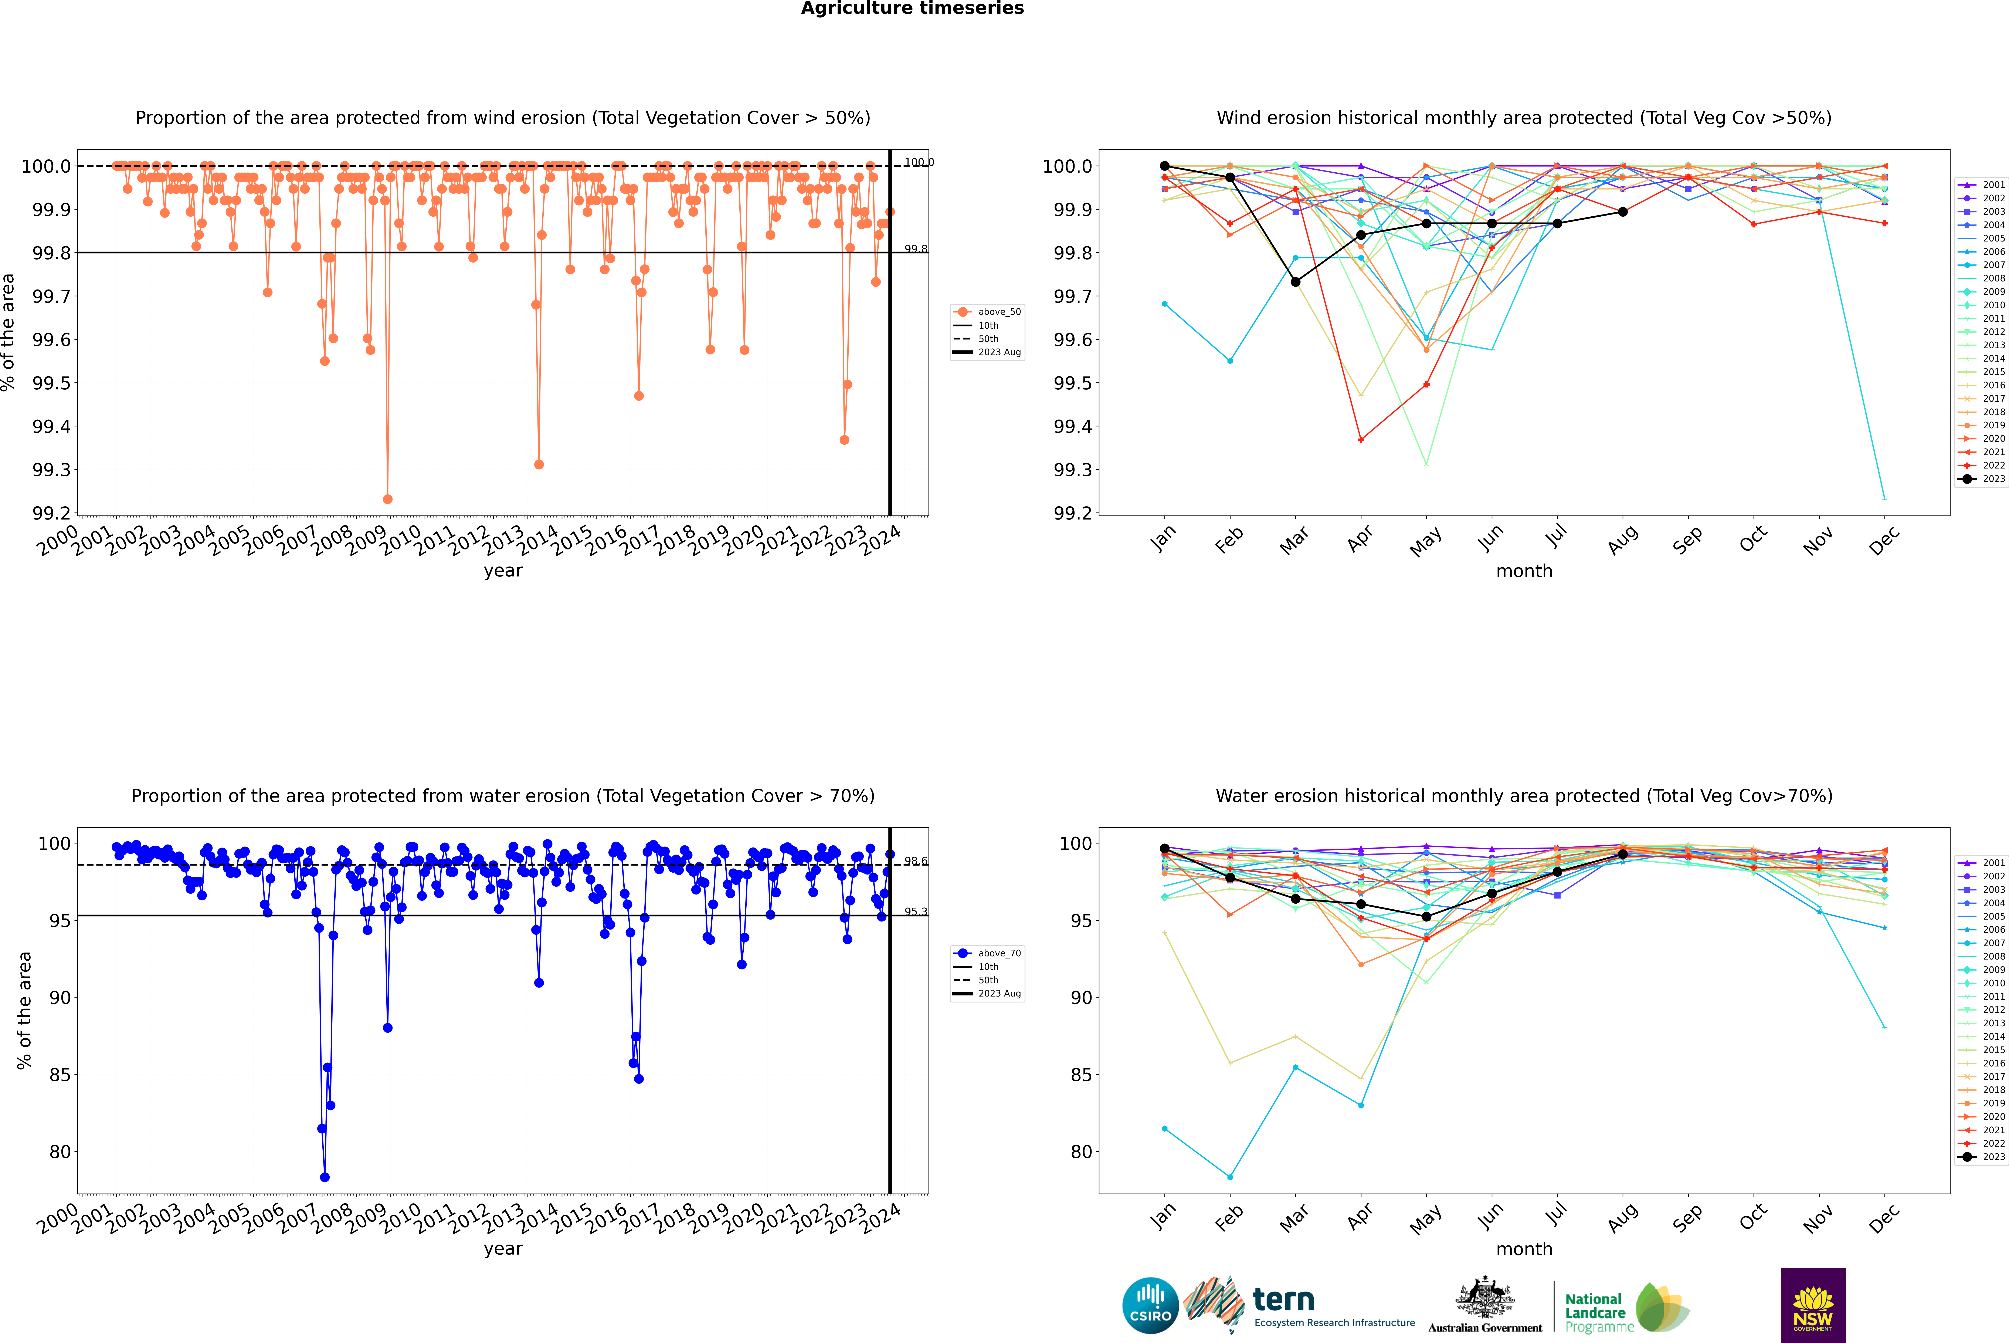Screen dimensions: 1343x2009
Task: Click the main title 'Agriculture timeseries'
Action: (912, 9)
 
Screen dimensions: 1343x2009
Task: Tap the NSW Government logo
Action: (1813, 1305)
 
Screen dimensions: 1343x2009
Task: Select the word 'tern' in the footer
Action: (1283, 1299)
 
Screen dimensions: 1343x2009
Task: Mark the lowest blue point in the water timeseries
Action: (325, 1177)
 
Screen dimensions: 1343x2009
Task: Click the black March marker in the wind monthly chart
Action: (1296, 282)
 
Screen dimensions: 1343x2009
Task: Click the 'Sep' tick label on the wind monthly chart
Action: (1687, 541)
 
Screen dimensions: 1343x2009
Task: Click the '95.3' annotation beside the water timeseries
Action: (915, 911)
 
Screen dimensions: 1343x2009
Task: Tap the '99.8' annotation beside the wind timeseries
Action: (915, 248)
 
